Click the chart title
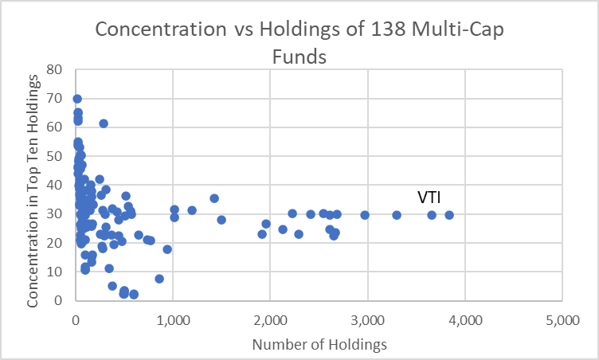(x=299, y=43)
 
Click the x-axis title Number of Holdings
(x=319, y=344)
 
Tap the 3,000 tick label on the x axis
(x=368, y=319)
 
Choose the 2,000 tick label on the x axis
(x=270, y=319)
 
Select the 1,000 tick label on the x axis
(x=173, y=319)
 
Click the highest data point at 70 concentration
(x=77, y=99)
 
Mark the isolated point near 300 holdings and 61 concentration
(x=104, y=123)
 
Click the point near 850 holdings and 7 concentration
(x=159, y=279)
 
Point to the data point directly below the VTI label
(x=432, y=215)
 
